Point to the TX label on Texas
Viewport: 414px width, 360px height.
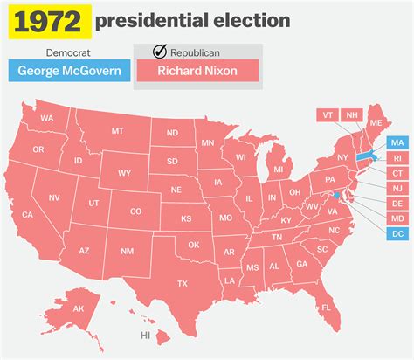pyautogui.click(x=182, y=283)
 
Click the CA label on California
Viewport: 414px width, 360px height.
pyautogui.click(x=28, y=214)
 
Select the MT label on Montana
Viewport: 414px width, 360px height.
pyautogui.click(x=116, y=131)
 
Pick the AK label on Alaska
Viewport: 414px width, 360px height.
pyautogui.click(x=78, y=308)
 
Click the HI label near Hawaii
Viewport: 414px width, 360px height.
pyautogui.click(x=146, y=335)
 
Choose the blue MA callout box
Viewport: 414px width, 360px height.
pyautogui.click(x=397, y=142)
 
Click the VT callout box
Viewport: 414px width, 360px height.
pyautogui.click(x=328, y=114)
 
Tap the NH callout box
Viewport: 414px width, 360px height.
pyautogui.click(x=352, y=114)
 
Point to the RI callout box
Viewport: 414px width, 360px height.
pyautogui.click(x=397, y=158)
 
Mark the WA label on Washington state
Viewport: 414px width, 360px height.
pyautogui.click(x=47, y=118)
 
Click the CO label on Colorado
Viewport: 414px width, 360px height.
pyautogui.click(x=135, y=211)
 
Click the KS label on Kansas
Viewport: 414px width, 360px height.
pyautogui.click(x=186, y=218)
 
